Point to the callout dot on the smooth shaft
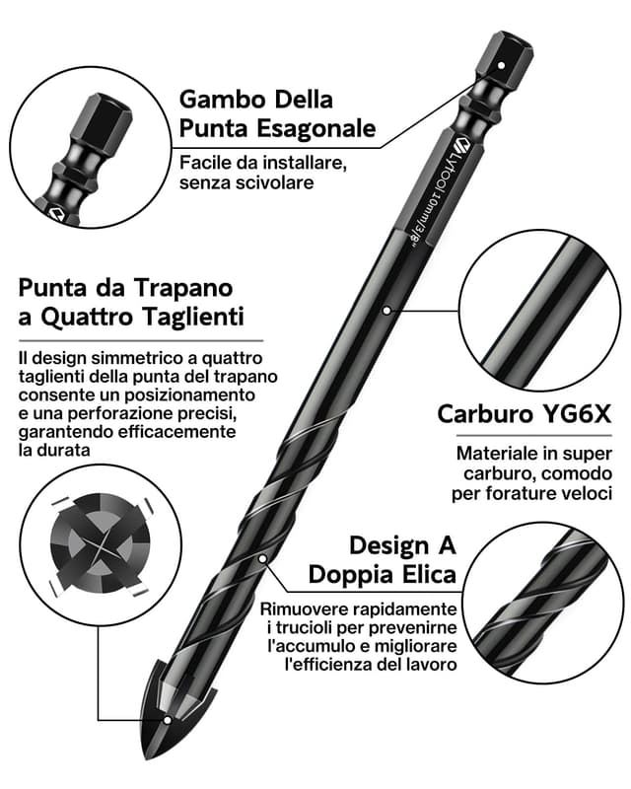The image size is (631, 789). [x=387, y=310]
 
